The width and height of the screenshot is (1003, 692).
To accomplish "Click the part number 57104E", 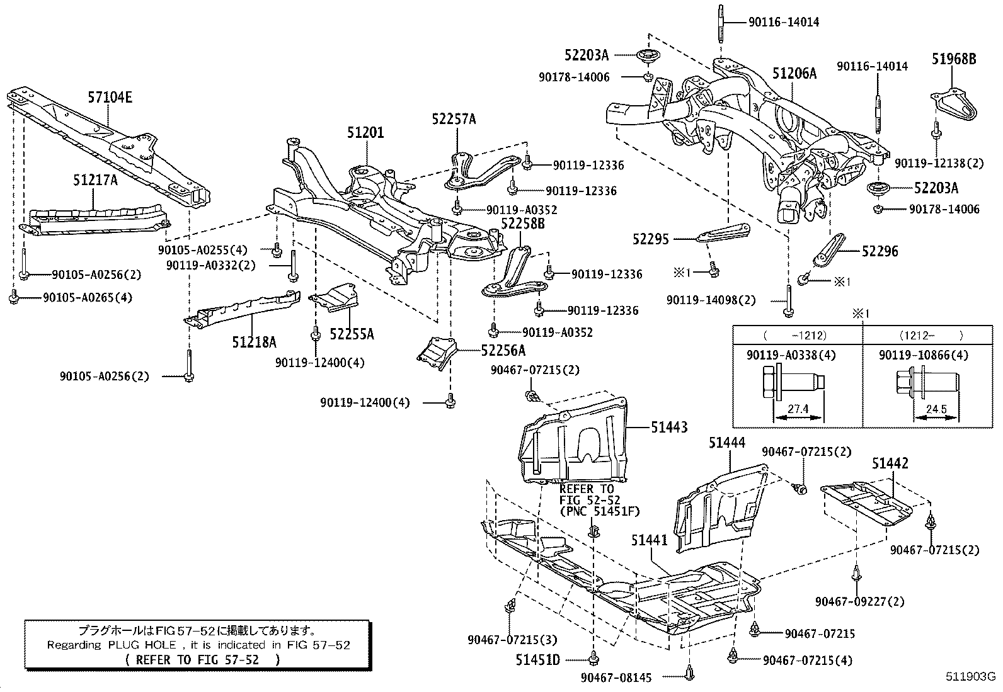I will [x=110, y=98].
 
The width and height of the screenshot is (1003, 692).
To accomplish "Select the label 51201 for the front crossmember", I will [x=365, y=133].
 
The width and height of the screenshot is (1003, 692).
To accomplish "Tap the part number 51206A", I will [x=794, y=74].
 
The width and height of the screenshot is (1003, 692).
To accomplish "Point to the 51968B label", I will [x=954, y=59].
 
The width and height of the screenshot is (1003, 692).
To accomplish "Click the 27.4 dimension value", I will [x=798, y=409].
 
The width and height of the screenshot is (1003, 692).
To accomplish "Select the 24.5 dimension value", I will [x=936, y=409].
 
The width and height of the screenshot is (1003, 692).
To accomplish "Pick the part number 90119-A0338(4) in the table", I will [x=791, y=355].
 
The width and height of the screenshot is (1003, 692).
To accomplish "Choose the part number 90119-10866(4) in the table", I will [x=924, y=355].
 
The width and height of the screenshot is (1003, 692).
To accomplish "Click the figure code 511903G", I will [x=970, y=678].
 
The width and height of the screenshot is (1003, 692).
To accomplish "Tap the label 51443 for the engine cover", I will [x=669, y=428].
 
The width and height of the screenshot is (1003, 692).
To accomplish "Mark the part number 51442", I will [x=890, y=464].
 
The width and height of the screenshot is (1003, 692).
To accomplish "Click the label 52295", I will [x=651, y=239].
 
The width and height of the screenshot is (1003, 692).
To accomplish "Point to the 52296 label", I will [x=881, y=251].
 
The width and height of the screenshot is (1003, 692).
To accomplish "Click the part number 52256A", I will [x=503, y=350].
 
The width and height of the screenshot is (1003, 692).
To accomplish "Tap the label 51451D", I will [x=537, y=660].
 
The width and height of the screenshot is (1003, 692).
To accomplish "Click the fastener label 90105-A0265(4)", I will [x=88, y=297].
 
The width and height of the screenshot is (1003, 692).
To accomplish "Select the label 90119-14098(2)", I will [x=711, y=300].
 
